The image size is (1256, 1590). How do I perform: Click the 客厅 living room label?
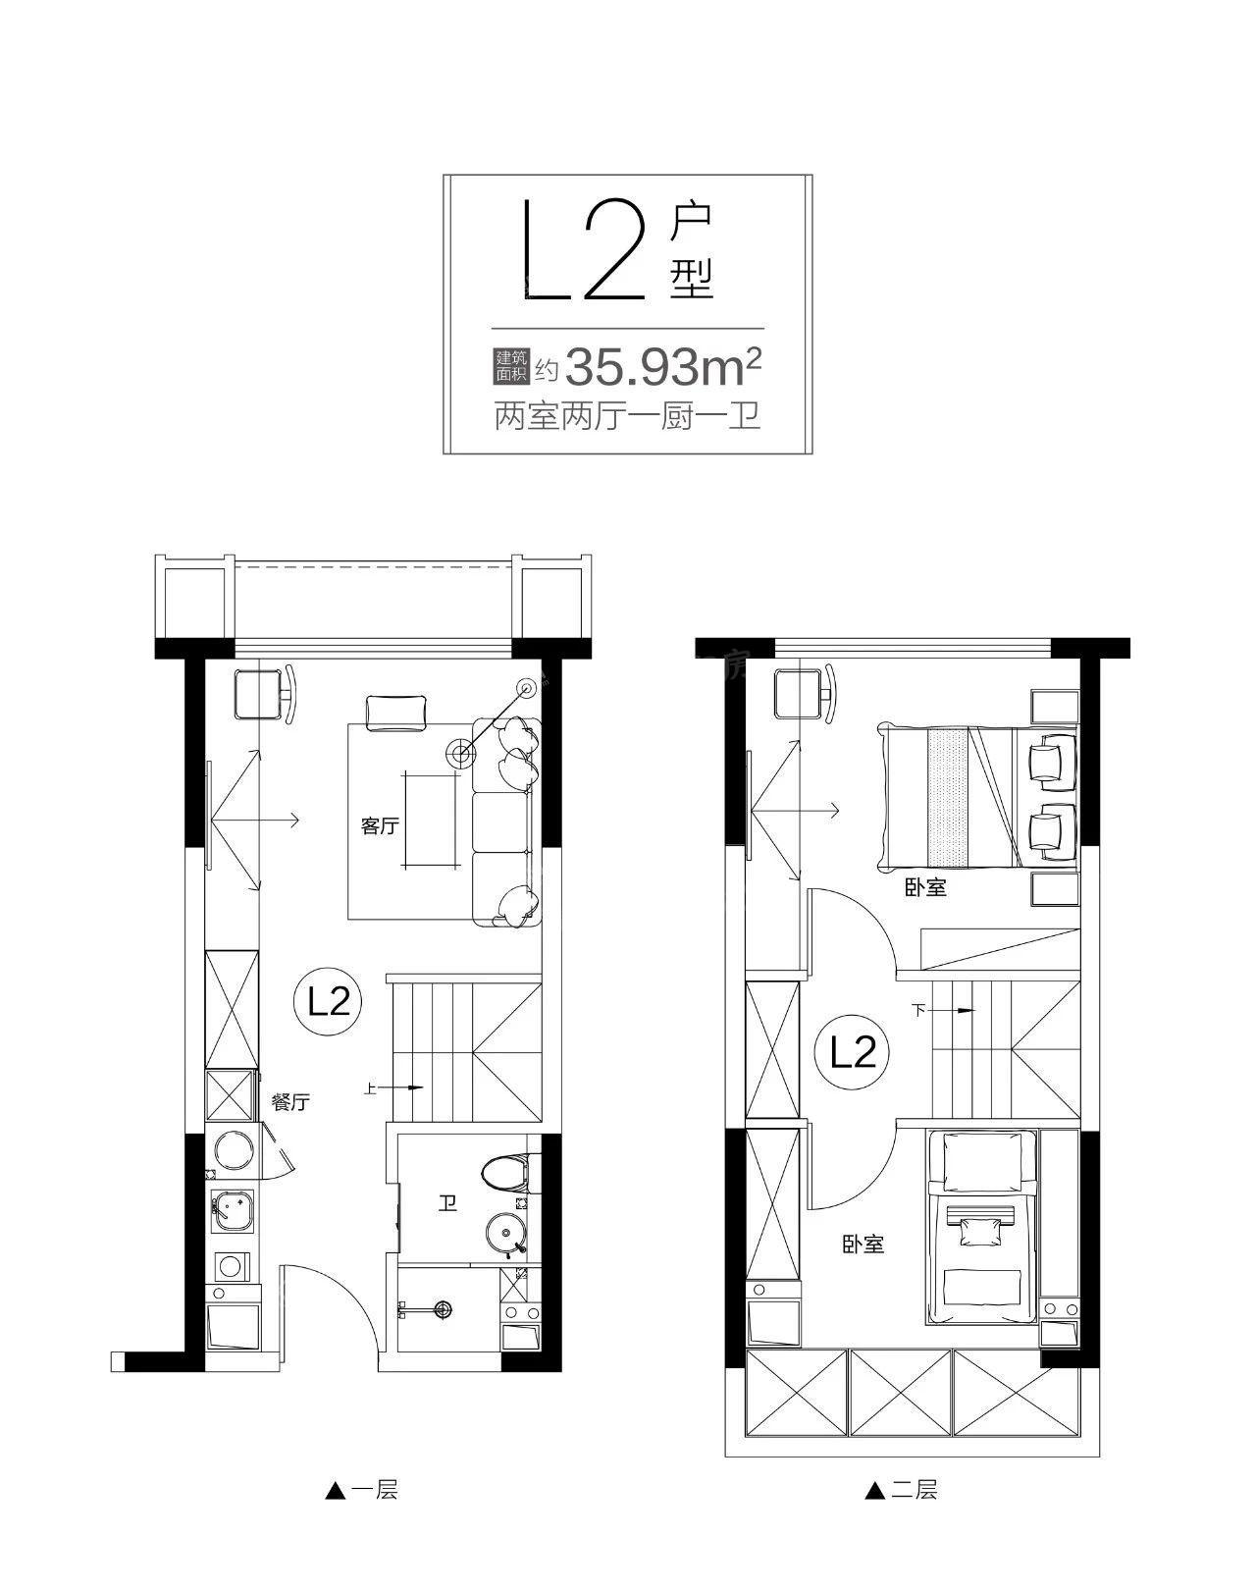click(380, 825)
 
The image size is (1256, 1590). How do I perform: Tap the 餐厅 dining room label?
click(290, 1102)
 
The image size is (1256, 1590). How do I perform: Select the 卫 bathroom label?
click(447, 1203)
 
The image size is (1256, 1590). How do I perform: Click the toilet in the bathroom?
click(505, 1173)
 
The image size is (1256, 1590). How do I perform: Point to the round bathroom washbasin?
click(507, 1233)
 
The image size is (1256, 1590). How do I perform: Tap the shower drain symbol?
click(443, 1309)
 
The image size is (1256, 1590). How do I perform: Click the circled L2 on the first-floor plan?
click(329, 1003)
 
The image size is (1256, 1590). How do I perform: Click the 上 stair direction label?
click(369, 1087)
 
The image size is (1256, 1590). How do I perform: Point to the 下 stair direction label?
click(918, 1010)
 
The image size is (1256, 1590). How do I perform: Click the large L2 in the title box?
click(584, 249)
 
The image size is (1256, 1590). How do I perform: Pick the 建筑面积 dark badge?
click(511, 367)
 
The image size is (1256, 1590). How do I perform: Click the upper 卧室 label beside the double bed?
click(925, 887)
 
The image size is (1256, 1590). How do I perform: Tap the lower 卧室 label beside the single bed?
click(863, 1245)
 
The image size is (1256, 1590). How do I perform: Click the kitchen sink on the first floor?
click(232, 1210)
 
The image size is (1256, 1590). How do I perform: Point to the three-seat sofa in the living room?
click(507, 821)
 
